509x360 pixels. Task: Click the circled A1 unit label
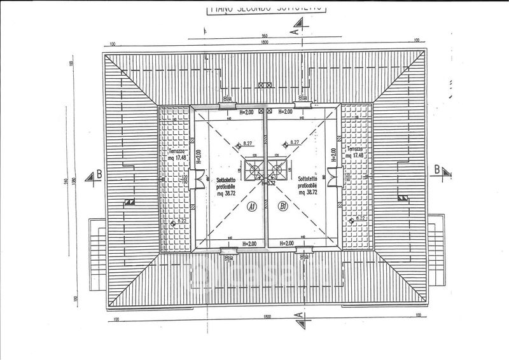252,207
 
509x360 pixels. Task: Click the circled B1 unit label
284,207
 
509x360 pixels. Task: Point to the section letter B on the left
98,174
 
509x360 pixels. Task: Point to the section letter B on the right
436,169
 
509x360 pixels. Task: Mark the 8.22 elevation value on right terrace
361,218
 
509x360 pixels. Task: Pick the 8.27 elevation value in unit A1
247,144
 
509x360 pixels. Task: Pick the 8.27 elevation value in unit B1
295,143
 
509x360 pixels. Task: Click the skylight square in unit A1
254,170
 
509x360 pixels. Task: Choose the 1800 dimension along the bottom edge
266,317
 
